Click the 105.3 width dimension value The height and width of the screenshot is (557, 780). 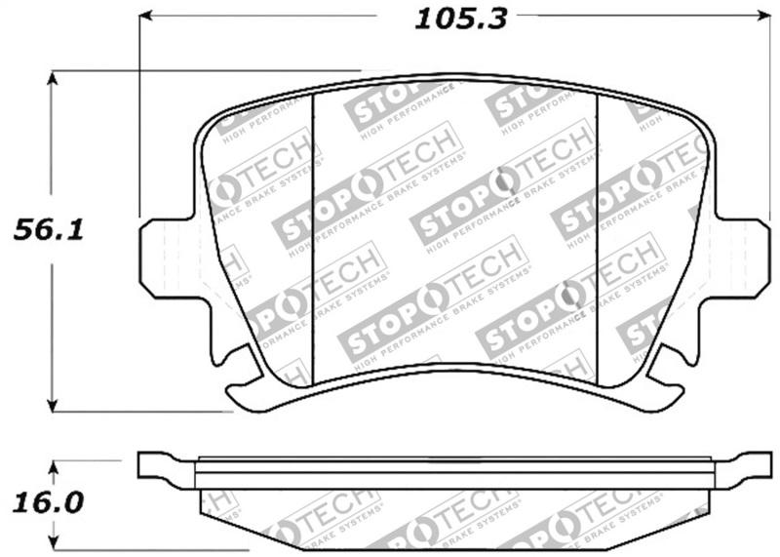(461, 18)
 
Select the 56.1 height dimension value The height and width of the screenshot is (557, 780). (47, 230)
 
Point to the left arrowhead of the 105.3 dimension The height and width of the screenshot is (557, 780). (146, 15)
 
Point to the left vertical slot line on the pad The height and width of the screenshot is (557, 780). (312, 234)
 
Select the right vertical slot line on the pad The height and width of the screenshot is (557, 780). (597, 234)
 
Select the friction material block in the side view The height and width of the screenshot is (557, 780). (454, 517)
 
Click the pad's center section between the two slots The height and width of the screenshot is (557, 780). (454, 224)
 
